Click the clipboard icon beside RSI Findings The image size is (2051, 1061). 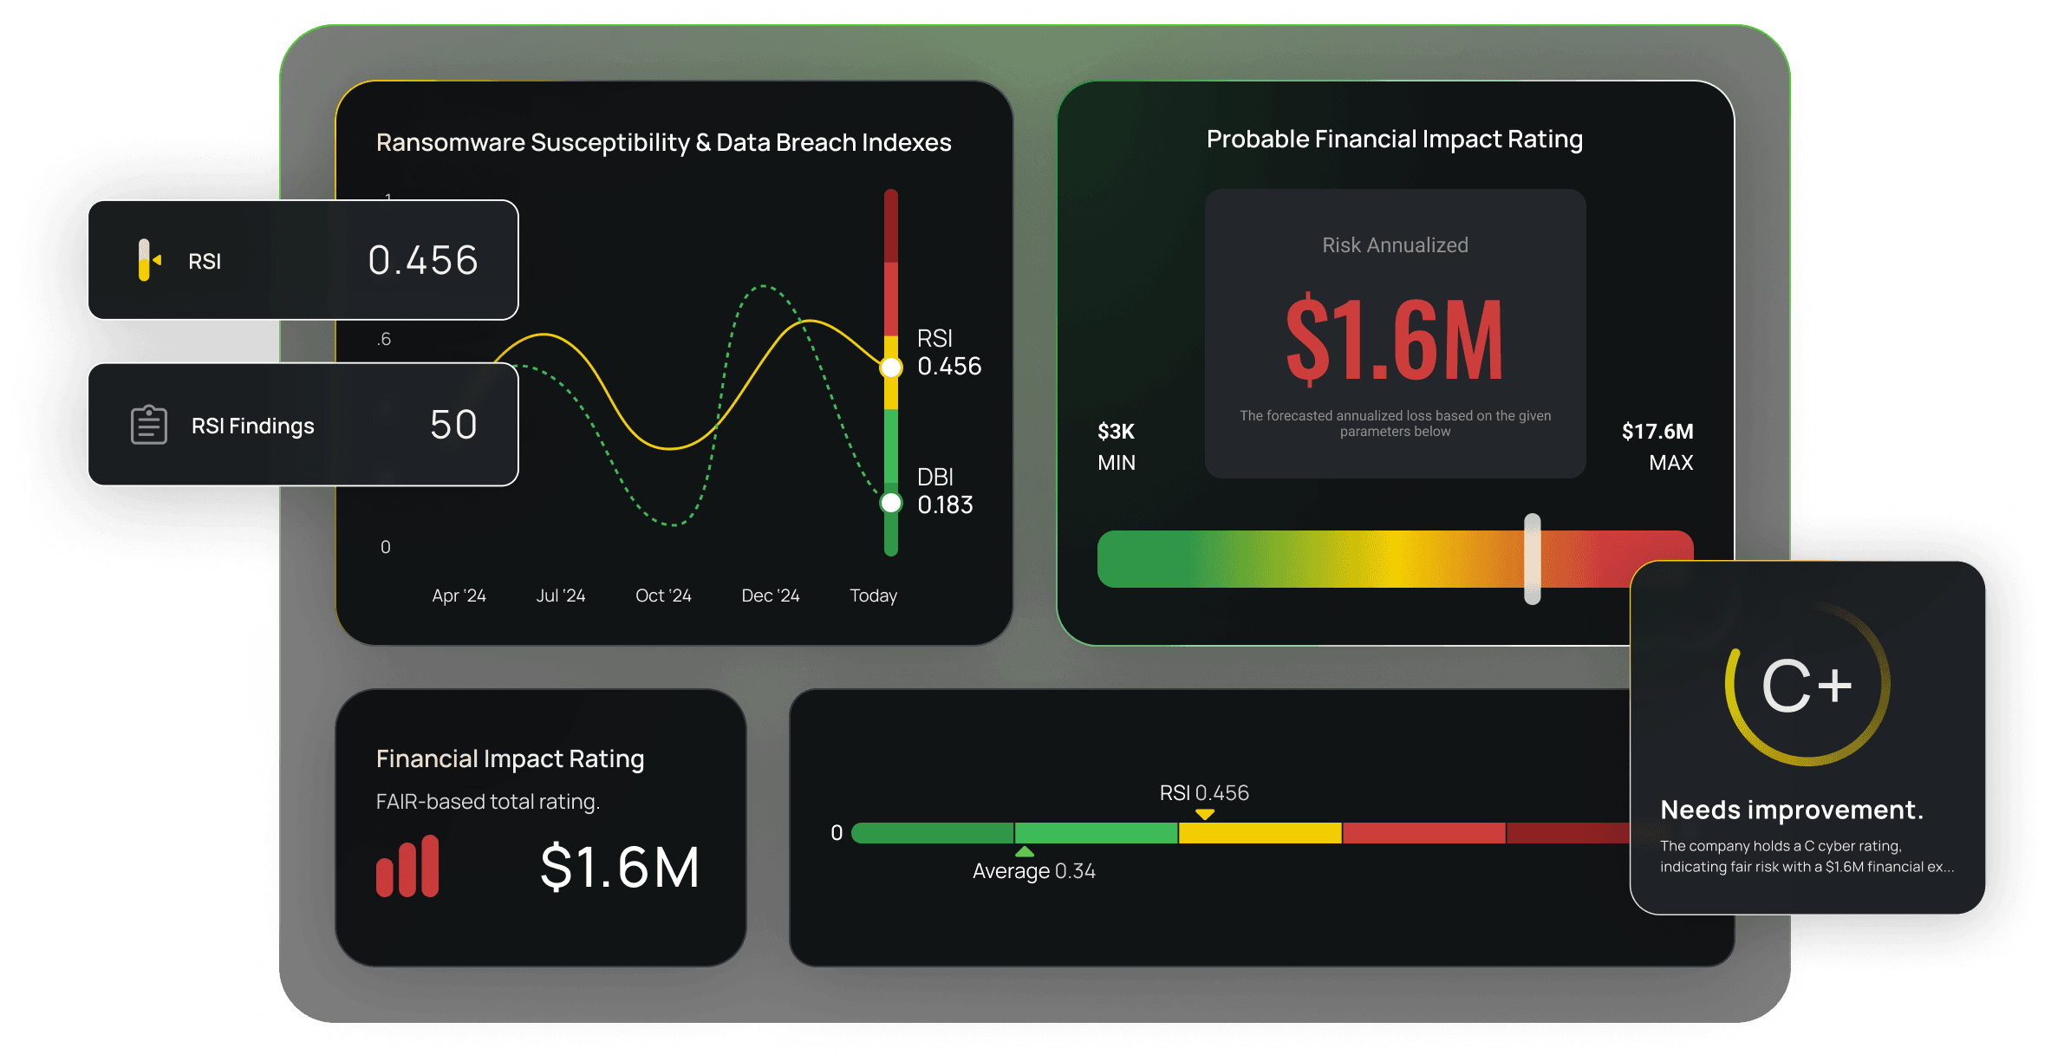(x=149, y=425)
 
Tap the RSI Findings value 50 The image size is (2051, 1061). (x=453, y=425)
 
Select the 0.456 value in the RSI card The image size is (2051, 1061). (x=423, y=260)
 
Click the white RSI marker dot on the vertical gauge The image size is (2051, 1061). (x=891, y=368)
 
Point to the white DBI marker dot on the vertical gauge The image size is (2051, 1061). (x=891, y=503)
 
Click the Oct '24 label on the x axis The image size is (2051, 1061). (x=663, y=596)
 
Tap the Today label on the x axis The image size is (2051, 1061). (x=873, y=596)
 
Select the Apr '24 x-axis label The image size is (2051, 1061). (x=459, y=596)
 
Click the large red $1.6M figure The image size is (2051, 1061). (x=1394, y=340)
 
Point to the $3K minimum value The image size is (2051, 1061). (x=1116, y=432)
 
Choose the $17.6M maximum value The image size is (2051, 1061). (x=1657, y=432)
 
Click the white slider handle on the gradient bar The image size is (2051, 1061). (x=1533, y=558)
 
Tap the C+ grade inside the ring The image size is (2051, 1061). (x=1807, y=686)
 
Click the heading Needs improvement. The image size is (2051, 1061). (x=1791, y=810)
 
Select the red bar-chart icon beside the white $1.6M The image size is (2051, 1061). (x=407, y=866)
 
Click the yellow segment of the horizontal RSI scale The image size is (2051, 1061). (x=1260, y=833)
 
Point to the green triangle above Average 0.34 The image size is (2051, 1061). (x=1025, y=852)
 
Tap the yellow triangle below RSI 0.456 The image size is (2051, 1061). (x=1204, y=814)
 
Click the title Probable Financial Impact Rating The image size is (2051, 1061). (x=1394, y=140)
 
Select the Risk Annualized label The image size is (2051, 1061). (x=1395, y=245)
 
